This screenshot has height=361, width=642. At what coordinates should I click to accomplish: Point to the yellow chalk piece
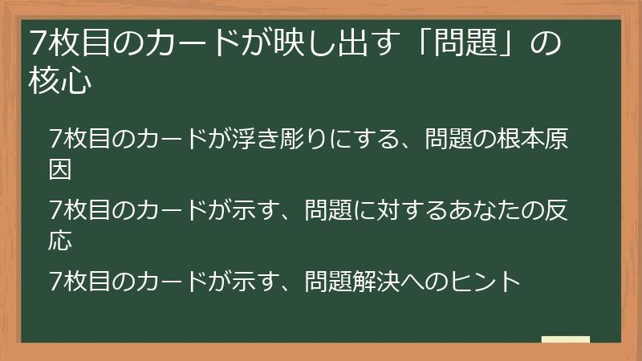565,339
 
